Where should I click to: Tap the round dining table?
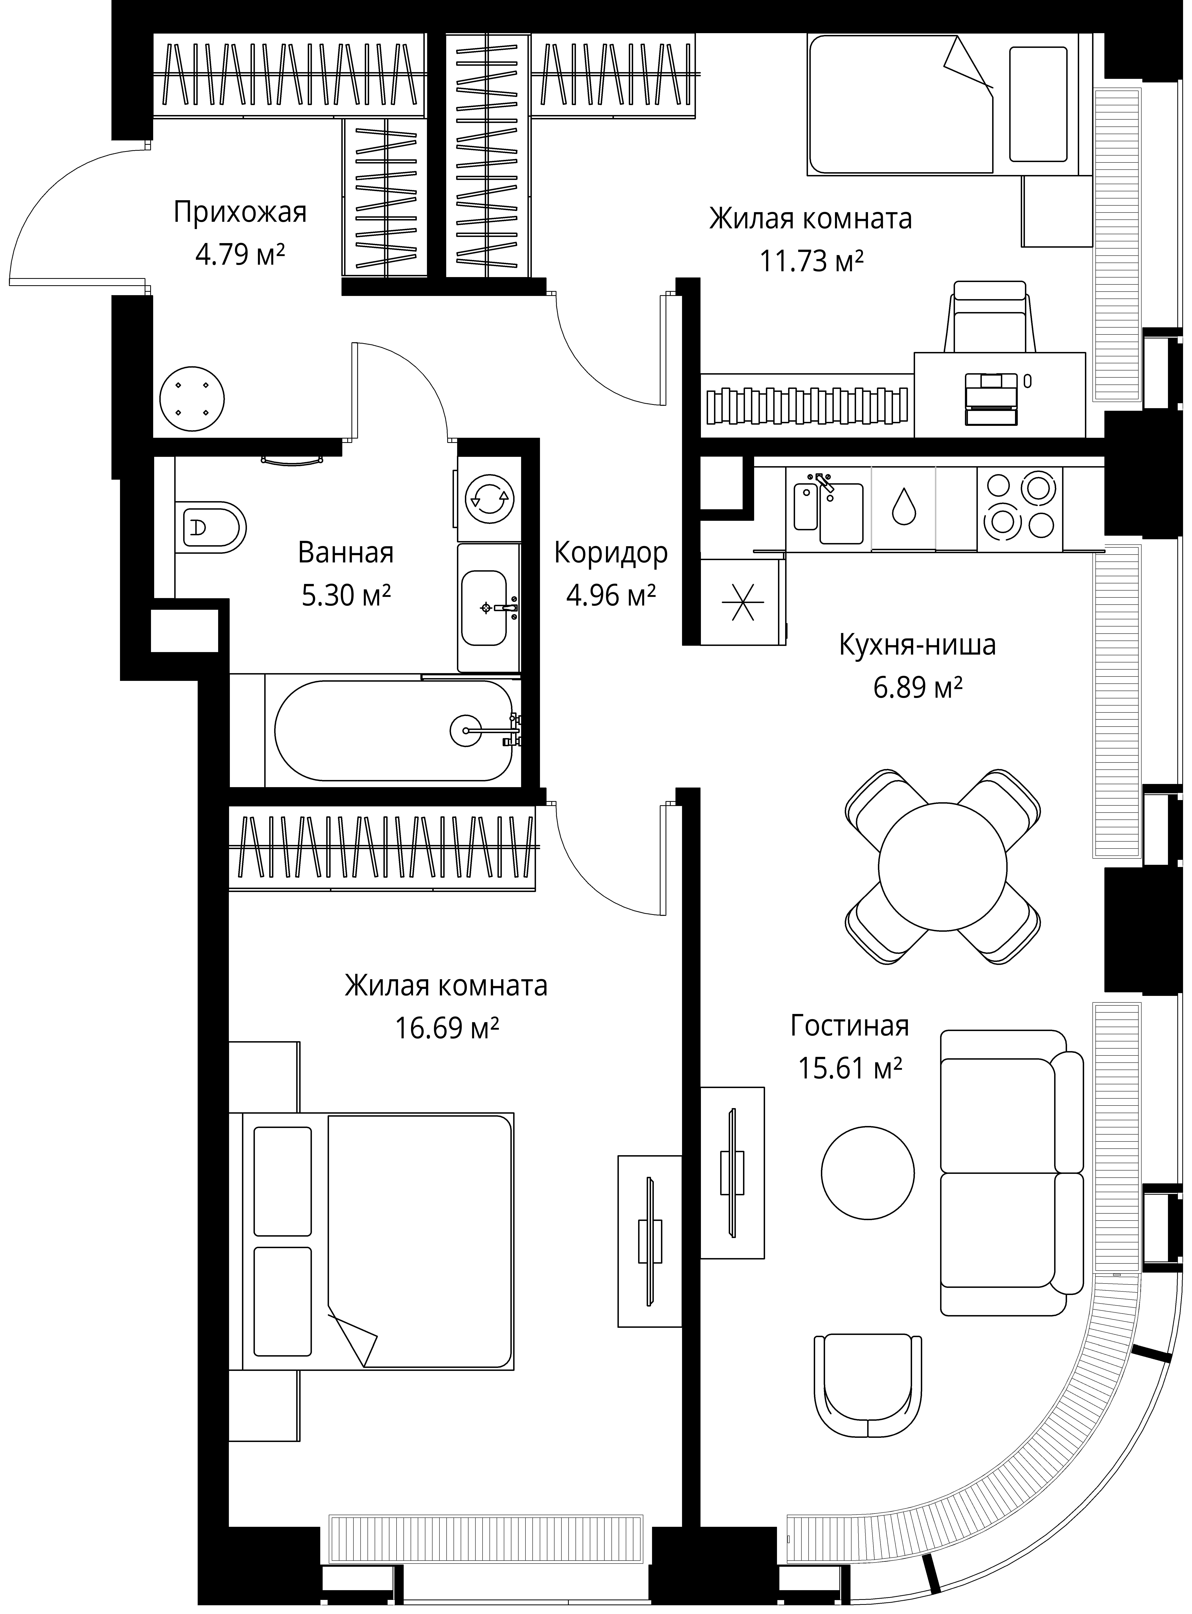point(942,865)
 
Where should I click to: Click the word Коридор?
point(611,553)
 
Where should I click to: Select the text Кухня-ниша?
point(917,645)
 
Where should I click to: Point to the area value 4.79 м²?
point(240,254)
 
